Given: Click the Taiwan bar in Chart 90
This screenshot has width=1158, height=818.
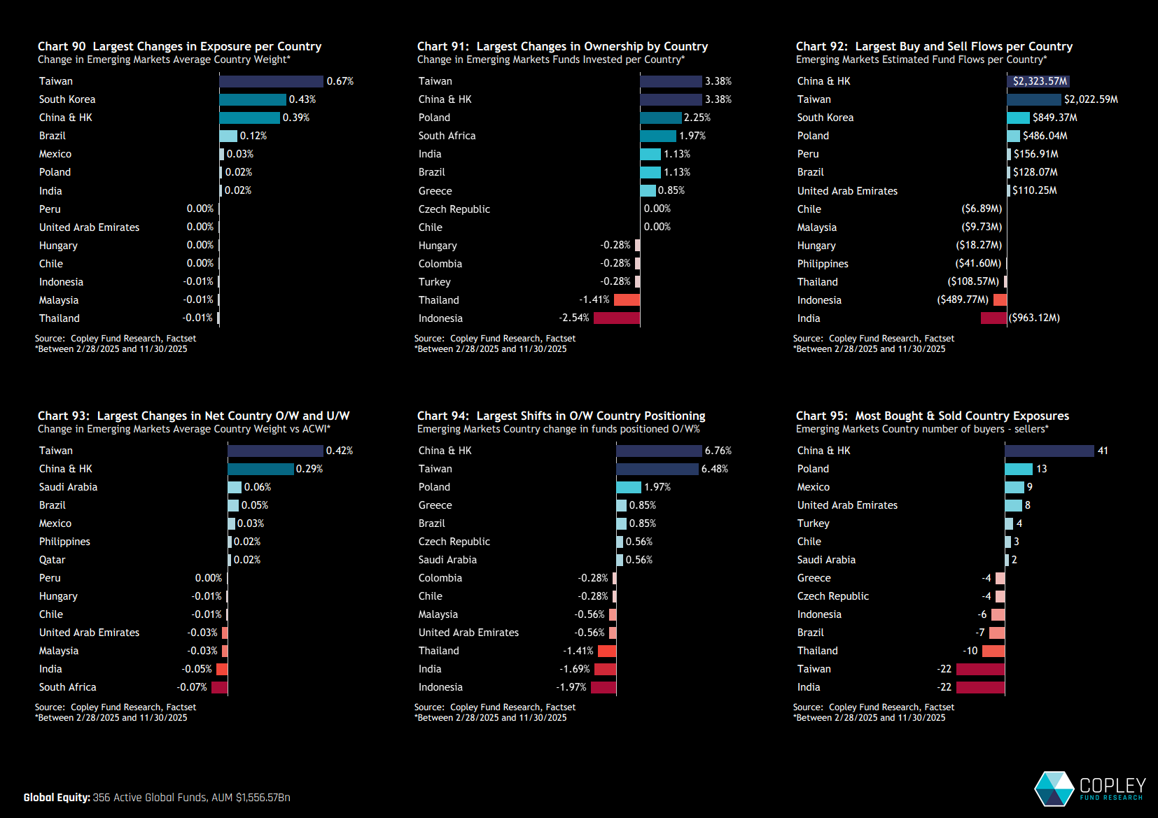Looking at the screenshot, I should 271,81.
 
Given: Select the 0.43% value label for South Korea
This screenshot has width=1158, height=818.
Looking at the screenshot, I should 302,99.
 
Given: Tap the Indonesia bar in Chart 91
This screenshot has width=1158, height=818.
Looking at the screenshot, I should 617,318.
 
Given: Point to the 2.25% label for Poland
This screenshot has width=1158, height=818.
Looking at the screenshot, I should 697,118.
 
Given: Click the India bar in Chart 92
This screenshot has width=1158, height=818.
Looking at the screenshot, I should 993,318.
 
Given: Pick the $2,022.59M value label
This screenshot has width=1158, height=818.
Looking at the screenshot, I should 1091,99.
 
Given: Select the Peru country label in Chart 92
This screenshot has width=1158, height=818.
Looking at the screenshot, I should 808,154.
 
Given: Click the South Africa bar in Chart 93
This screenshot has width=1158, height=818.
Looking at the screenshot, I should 219,687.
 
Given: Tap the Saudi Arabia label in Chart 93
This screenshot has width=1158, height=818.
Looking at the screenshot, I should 68,487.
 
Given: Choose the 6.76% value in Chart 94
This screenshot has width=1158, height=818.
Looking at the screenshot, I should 718,451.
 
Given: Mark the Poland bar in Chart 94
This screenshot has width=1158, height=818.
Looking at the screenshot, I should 629,487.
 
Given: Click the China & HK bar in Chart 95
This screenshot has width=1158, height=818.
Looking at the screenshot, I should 1049,451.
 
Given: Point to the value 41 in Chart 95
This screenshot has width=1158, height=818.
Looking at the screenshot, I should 1103,451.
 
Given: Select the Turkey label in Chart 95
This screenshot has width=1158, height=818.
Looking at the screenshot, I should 813,523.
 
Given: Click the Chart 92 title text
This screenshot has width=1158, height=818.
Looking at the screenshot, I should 934,46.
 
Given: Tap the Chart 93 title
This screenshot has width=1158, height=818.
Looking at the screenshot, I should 193,416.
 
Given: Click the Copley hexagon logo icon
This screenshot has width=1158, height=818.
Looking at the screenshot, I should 1054,789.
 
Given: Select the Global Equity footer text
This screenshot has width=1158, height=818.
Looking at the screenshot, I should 157,798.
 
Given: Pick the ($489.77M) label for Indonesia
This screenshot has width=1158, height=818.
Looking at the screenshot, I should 963,299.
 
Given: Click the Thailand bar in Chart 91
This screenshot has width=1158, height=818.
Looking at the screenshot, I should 627,300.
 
